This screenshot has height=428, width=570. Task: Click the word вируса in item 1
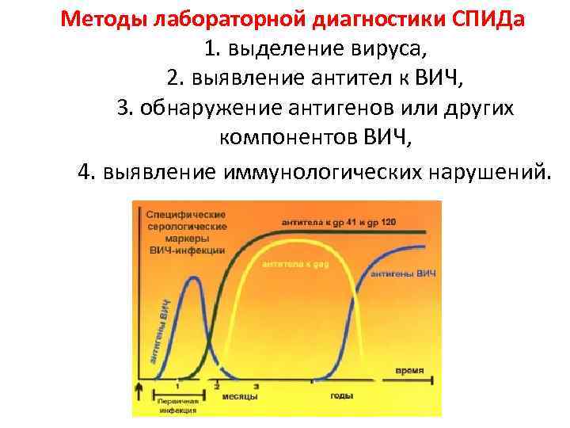tap(390, 49)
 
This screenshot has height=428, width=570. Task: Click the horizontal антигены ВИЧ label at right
tap(403, 273)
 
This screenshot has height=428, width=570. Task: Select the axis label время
tap(409, 370)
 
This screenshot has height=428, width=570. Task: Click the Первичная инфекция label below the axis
tap(177, 406)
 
